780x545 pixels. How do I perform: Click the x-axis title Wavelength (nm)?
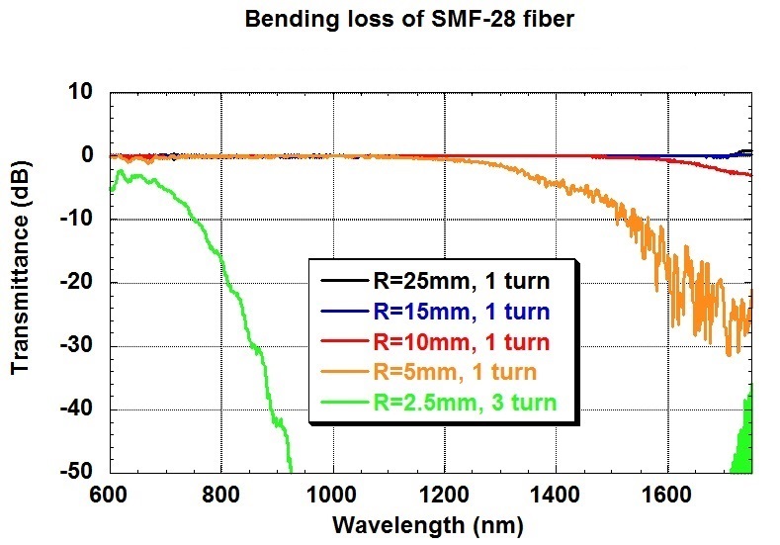pyautogui.click(x=428, y=524)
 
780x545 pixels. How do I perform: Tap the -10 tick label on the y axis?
pyautogui.click(x=77, y=220)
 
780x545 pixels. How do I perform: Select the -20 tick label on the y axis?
pyautogui.click(x=77, y=283)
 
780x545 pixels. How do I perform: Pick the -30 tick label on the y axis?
pyautogui.click(x=77, y=346)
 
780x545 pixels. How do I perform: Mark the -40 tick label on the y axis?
pyautogui.click(x=77, y=409)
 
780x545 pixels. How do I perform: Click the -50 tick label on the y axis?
pyautogui.click(x=77, y=472)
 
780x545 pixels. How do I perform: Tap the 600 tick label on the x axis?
pyautogui.click(x=109, y=494)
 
